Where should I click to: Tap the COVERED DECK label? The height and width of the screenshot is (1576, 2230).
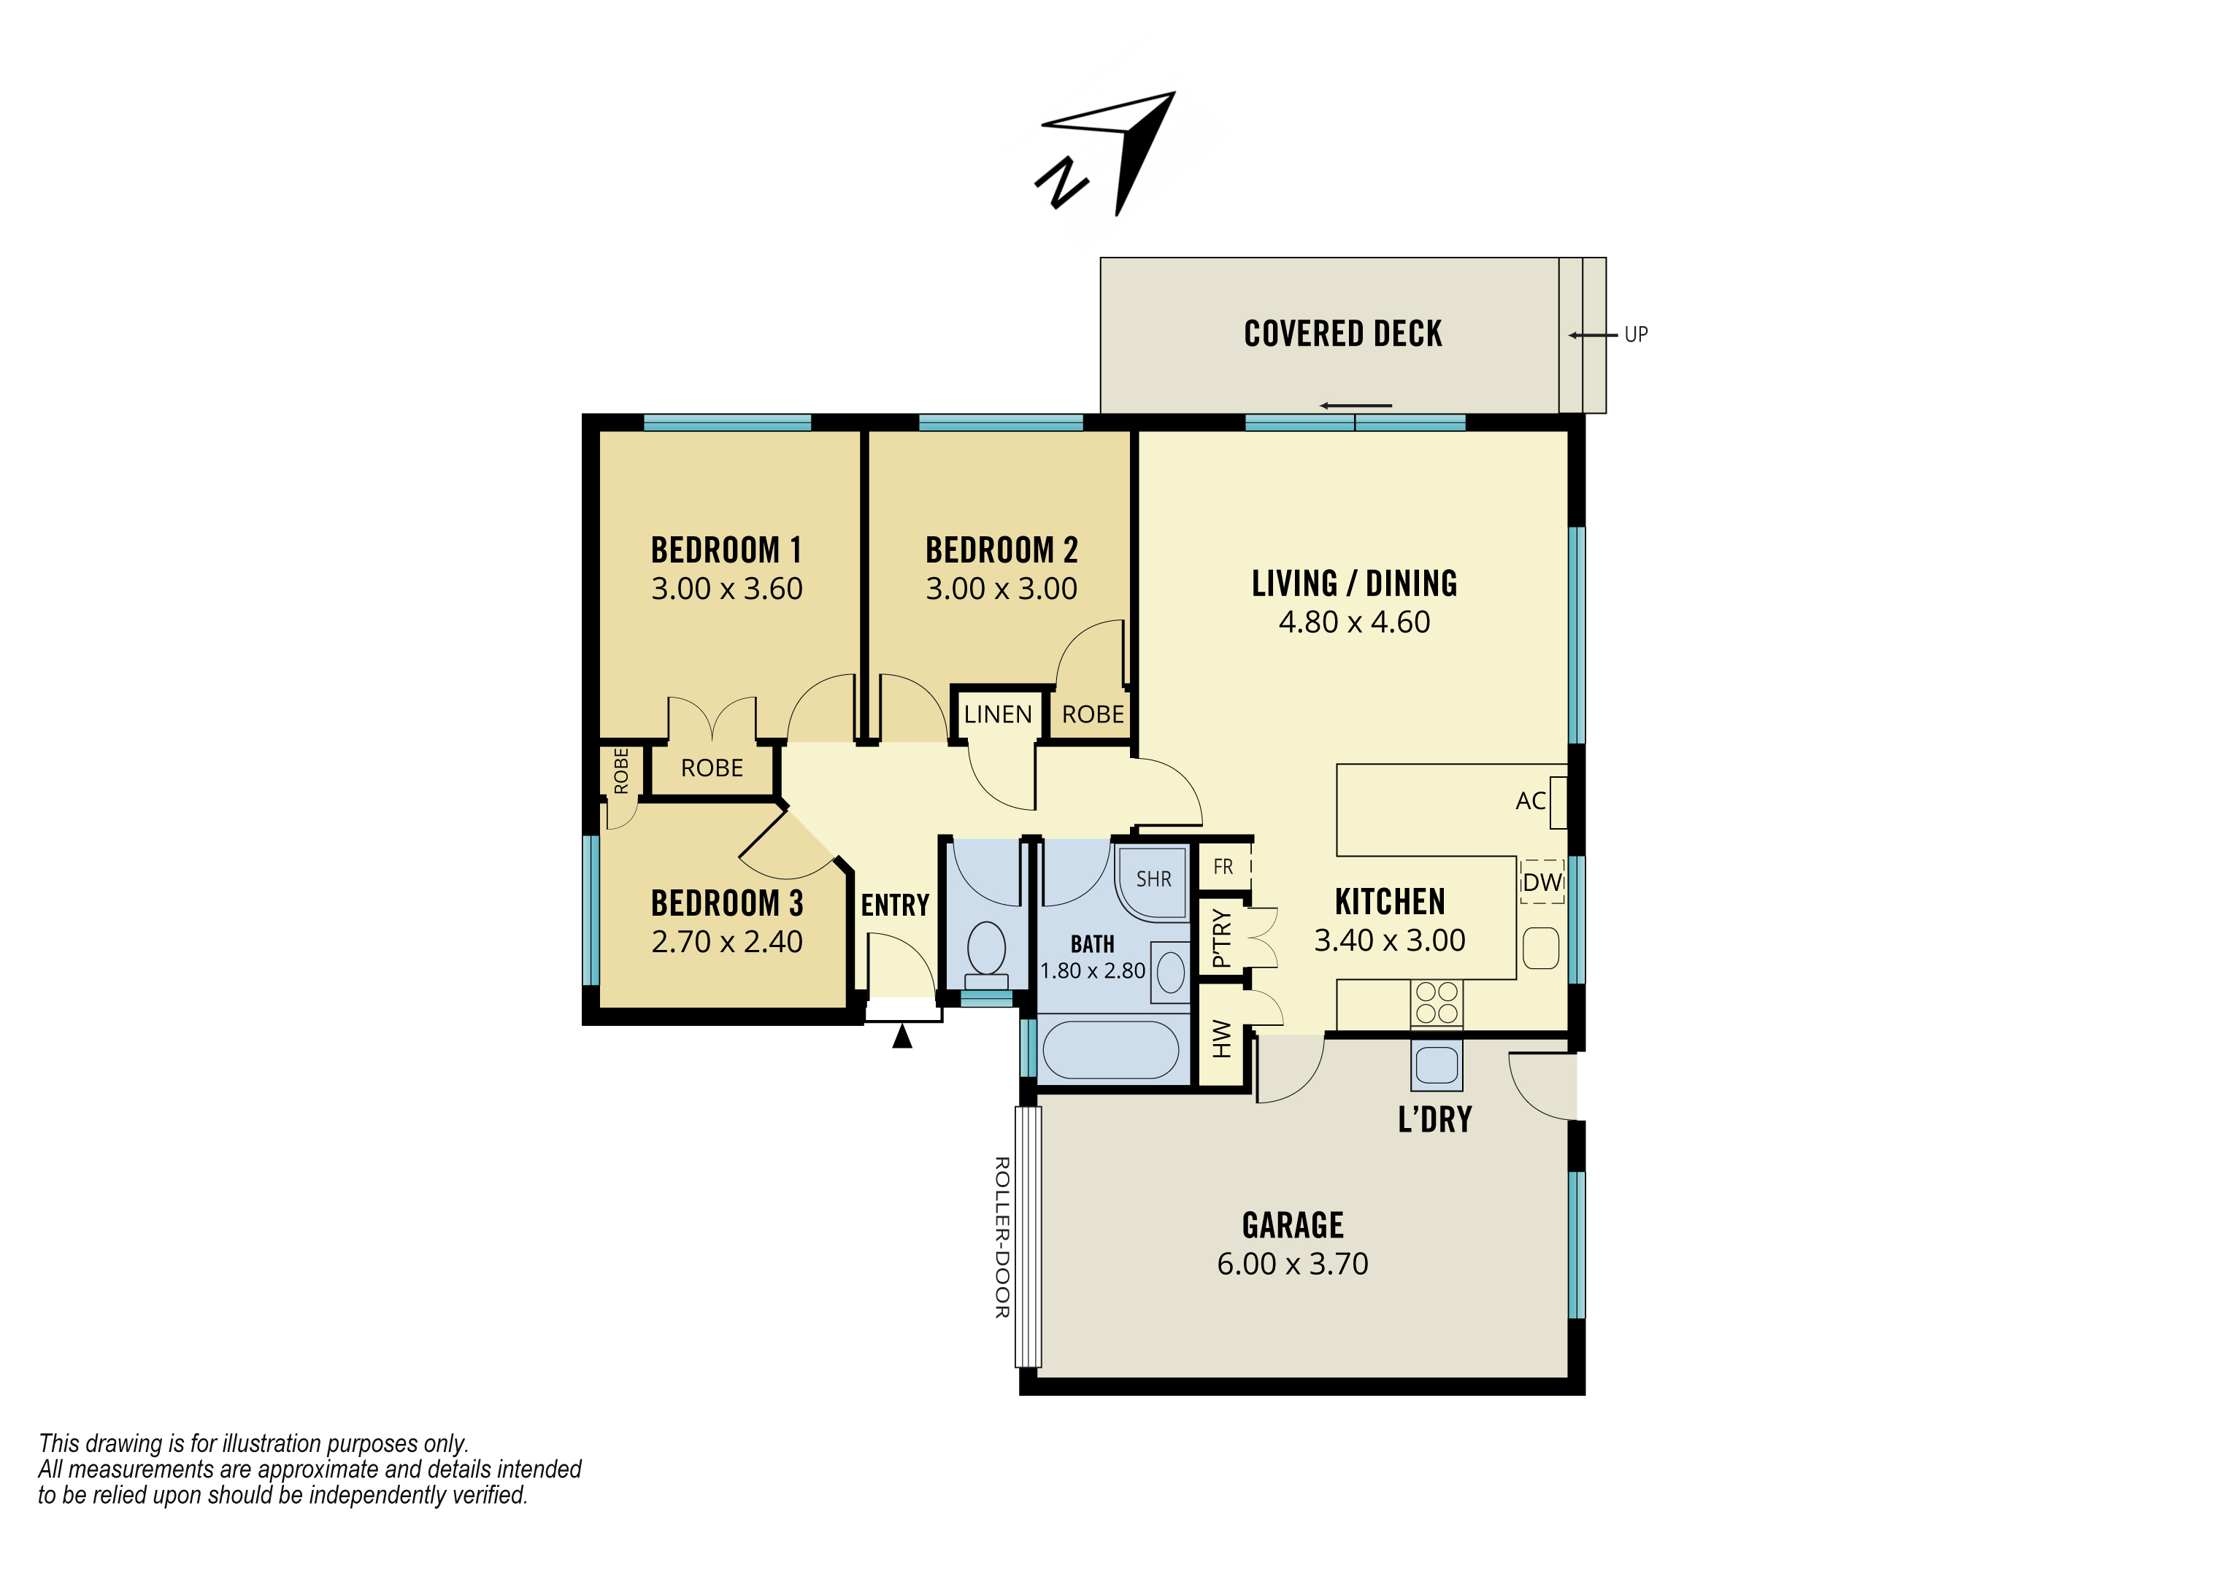coord(1343,334)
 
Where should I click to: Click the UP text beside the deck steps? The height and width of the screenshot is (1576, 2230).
coord(1636,335)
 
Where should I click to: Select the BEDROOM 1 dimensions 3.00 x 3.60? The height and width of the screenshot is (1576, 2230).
coord(726,589)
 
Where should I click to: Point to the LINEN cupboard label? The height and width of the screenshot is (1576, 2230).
coord(998,715)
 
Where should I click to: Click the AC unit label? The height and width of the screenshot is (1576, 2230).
coord(1530,801)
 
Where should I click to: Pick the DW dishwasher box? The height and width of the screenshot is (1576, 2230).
coord(1542,881)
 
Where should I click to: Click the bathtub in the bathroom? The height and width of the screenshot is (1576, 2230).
coord(1110,1050)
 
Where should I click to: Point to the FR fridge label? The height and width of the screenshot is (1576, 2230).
coord(1223,866)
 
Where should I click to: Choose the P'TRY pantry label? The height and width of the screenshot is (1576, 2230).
coord(1222,939)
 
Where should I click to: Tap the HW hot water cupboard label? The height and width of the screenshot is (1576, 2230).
coord(1222,1039)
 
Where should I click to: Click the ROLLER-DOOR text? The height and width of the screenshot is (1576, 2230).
coord(1002,1237)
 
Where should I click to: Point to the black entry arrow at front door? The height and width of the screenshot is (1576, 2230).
coord(902,1036)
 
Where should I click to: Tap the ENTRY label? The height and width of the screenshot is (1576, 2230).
coord(894,906)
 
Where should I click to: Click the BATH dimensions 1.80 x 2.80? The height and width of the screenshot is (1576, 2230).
coord(1093,971)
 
